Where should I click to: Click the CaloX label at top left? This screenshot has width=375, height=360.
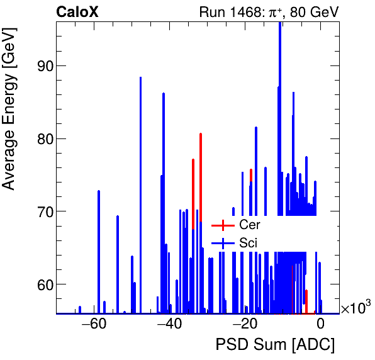coord(77,12)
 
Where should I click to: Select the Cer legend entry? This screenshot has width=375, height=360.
coord(249,225)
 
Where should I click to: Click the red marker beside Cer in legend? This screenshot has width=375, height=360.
coord(222,225)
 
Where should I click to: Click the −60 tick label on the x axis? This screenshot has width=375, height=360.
coord(94,325)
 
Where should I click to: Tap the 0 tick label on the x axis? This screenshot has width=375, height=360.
coord(320,325)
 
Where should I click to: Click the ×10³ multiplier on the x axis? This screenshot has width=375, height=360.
coord(355,308)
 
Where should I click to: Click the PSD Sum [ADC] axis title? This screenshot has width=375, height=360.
coord(275,345)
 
